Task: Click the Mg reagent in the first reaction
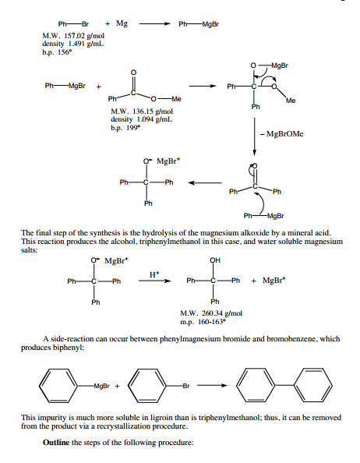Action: click(x=122, y=23)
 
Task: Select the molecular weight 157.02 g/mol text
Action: click(x=73, y=36)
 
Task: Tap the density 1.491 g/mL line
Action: click(x=73, y=44)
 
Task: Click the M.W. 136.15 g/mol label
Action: click(x=142, y=111)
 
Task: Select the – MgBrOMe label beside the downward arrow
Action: click(x=282, y=134)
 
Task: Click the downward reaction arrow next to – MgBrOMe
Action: click(x=254, y=136)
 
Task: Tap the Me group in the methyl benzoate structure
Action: click(x=176, y=99)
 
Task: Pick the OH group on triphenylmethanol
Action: click(x=215, y=260)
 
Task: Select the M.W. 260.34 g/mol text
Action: click(x=211, y=313)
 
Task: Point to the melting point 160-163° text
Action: click(x=203, y=322)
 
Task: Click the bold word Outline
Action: click(x=56, y=442)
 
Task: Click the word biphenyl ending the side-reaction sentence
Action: click(x=69, y=348)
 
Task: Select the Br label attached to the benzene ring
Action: click(x=186, y=386)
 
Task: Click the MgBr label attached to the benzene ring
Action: click(x=102, y=386)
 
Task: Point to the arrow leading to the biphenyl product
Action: click(x=212, y=385)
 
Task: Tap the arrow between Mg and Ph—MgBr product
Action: click(x=155, y=24)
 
